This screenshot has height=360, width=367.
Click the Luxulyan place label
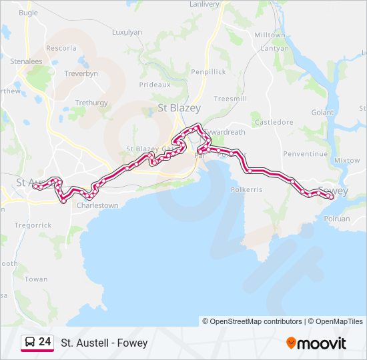click(x=127, y=31)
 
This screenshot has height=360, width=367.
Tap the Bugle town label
click(x=29, y=13)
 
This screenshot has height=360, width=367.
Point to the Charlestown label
click(x=97, y=205)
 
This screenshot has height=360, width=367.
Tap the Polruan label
click(x=336, y=218)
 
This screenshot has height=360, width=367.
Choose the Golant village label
click(x=322, y=113)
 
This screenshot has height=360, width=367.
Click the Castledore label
click(x=274, y=122)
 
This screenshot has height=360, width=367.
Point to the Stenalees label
click(x=26, y=61)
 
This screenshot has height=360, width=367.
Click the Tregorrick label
click(x=33, y=225)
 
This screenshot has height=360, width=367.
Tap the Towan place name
click(x=36, y=279)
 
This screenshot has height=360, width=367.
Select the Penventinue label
click(x=306, y=153)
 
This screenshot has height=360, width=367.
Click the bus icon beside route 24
click(x=29, y=342)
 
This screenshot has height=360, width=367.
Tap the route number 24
click(x=45, y=342)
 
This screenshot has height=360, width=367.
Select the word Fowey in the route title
click(x=134, y=343)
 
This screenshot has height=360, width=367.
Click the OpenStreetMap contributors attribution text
click(x=252, y=321)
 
